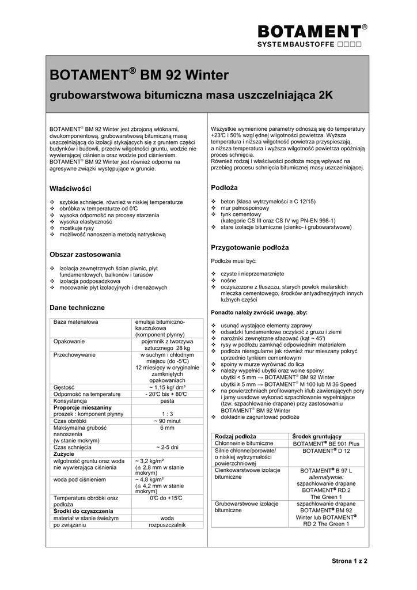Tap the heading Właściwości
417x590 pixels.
coord(70,188)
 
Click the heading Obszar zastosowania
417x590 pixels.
coord(85,254)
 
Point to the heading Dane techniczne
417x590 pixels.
coord(77,308)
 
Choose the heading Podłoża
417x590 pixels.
coord(225,188)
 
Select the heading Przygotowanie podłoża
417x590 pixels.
coord(250,247)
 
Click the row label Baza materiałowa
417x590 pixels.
coord(75,322)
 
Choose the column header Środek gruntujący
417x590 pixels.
coord(317,437)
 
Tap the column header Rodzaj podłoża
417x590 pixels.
coord(235,437)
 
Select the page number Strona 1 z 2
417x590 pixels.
coord(350,561)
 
